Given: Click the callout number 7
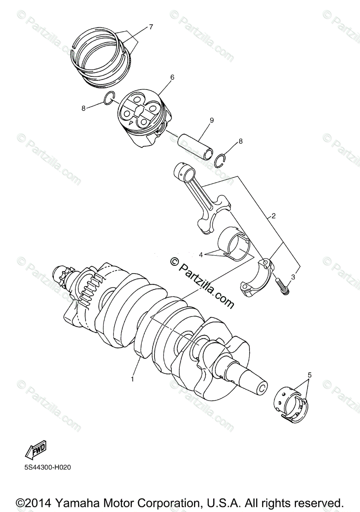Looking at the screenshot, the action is coord(151,27).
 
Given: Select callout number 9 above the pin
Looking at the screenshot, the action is coord(211,121).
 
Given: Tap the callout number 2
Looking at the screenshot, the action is coord(273,216).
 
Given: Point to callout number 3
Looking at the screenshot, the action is coord(293,277).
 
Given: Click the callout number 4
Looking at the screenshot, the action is coord(201,255).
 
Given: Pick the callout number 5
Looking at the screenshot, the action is coord(310,375).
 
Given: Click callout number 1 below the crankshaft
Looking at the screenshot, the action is coord(133,378).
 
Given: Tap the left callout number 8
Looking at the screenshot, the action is coord(84,108).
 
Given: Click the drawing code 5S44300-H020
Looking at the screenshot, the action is coord(47,467).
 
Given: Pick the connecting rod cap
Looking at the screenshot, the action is coord(259,277).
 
